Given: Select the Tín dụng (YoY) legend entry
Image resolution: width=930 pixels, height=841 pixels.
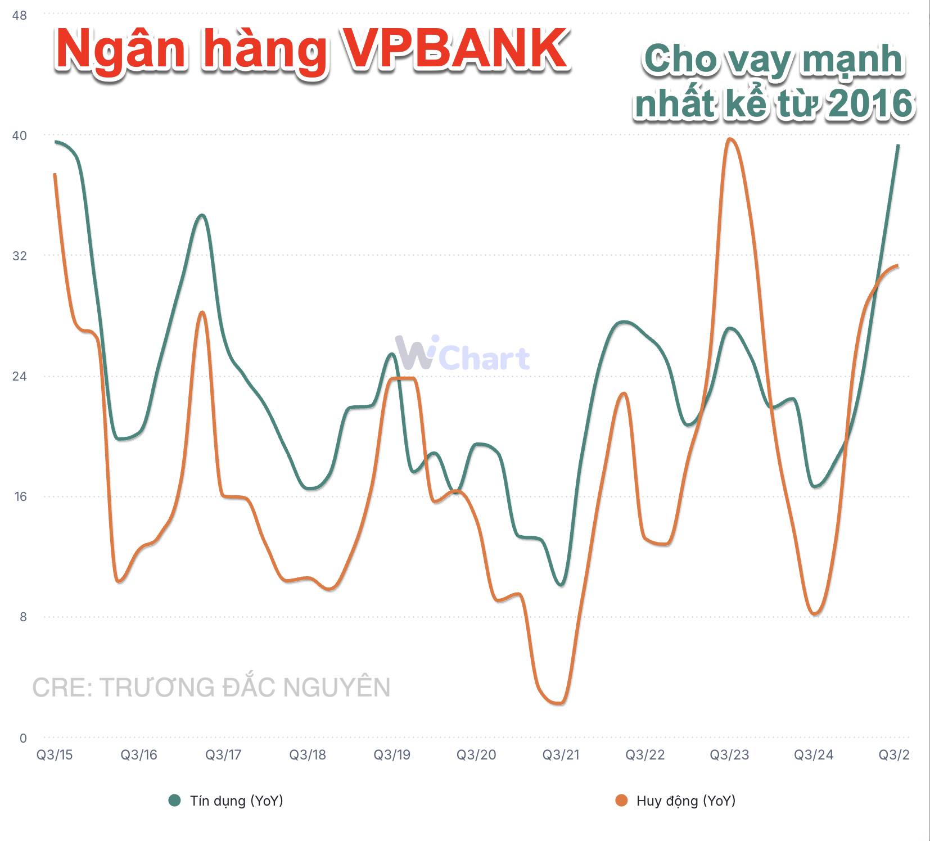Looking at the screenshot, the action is [x=226, y=801].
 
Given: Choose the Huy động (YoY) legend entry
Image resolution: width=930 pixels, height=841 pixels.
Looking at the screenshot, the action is [x=675, y=801].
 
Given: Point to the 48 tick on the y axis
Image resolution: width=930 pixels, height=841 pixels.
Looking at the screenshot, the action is [x=19, y=15].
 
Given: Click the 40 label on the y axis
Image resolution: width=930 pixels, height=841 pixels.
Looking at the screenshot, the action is [x=19, y=135].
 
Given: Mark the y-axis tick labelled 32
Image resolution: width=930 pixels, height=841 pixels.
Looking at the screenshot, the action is [x=19, y=256].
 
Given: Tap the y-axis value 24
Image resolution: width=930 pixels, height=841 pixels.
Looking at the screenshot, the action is [x=19, y=376].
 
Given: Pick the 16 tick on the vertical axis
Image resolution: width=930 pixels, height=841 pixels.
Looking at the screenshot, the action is [x=19, y=496].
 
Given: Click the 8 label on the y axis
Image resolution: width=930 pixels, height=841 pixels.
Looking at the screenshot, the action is [x=22, y=617].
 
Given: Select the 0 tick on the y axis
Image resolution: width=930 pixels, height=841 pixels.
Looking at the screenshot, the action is [x=23, y=738].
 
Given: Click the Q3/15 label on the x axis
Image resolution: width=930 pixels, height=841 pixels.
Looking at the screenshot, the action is [x=55, y=754].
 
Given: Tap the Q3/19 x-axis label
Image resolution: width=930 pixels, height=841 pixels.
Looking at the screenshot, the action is [x=392, y=754].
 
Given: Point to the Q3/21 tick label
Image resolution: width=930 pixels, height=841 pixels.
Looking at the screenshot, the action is [x=561, y=754].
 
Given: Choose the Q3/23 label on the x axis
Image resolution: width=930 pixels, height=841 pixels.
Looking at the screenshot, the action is [x=729, y=754].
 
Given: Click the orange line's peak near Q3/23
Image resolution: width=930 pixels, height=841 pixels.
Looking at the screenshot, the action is [x=729, y=139].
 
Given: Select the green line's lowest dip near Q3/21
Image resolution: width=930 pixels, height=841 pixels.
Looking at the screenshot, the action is [x=561, y=585].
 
